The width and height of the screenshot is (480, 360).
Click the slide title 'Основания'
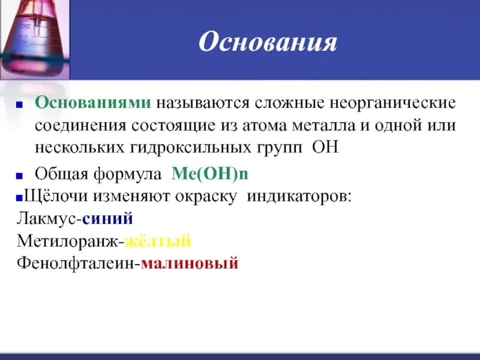[x=268, y=43]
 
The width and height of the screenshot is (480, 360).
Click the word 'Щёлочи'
[x=49, y=197]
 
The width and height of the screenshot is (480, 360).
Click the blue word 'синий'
[x=108, y=218]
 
